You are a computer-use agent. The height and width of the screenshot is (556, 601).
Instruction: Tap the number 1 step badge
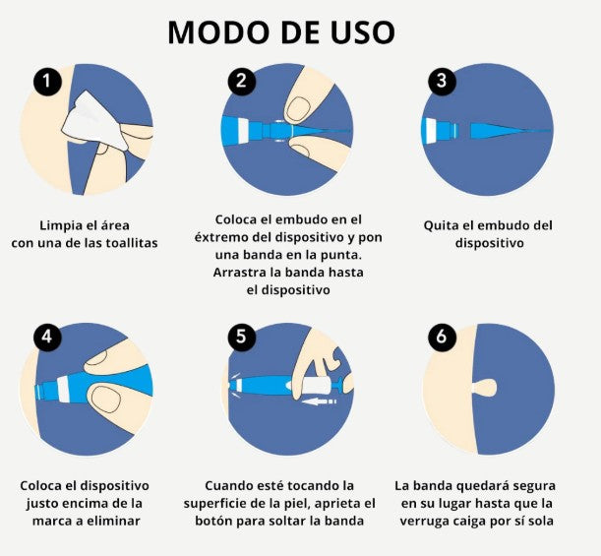(47, 81)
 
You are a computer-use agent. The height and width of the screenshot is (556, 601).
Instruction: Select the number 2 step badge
(241, 81)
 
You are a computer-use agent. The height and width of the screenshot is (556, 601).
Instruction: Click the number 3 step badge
(442, 81)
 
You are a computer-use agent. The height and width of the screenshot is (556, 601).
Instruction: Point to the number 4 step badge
(47, 337)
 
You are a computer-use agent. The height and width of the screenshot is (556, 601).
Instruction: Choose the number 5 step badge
(241, 337)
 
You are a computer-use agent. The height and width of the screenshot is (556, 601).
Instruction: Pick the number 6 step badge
(442, 337)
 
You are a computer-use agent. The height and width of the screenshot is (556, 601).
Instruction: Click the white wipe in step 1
(93, 122)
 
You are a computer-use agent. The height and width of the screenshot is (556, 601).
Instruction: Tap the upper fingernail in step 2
(298, 109)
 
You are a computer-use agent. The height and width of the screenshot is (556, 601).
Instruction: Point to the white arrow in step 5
(319, 402)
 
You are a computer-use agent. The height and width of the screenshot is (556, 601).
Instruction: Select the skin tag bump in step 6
(485, 388)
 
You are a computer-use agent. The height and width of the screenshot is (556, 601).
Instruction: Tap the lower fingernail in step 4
(107, 399)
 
